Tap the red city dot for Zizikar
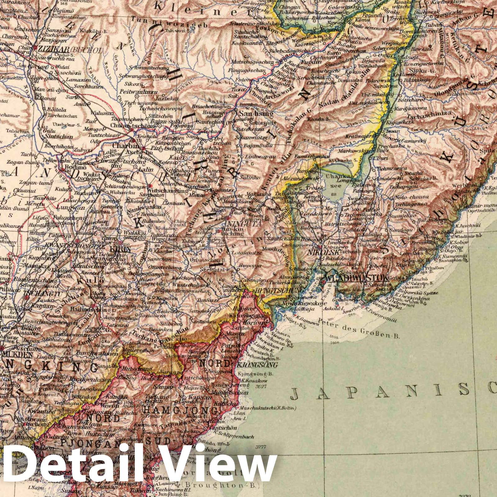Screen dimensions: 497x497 pyautogui.click(x=35, y=48)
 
